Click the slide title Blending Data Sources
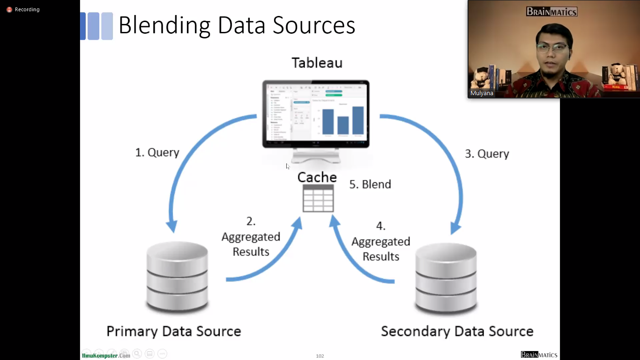tap(237, 25)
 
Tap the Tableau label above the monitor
tap(317, 63)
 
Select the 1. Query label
tap(157, 152)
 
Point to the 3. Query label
tap(486, 154)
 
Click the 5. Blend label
tap(370, 184)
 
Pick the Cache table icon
tap(318, 198)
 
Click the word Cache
tap(317, 177)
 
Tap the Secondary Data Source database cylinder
tap(446, 279)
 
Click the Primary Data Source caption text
tap(173, 331)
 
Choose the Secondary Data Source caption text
tap(457, 331)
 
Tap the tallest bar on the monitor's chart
tap(357, 121)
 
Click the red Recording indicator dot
tap(9, 9)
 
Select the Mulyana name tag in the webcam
tap(482, 93)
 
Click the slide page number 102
tap(320, 356)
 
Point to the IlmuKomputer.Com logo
tap(106, 356)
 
